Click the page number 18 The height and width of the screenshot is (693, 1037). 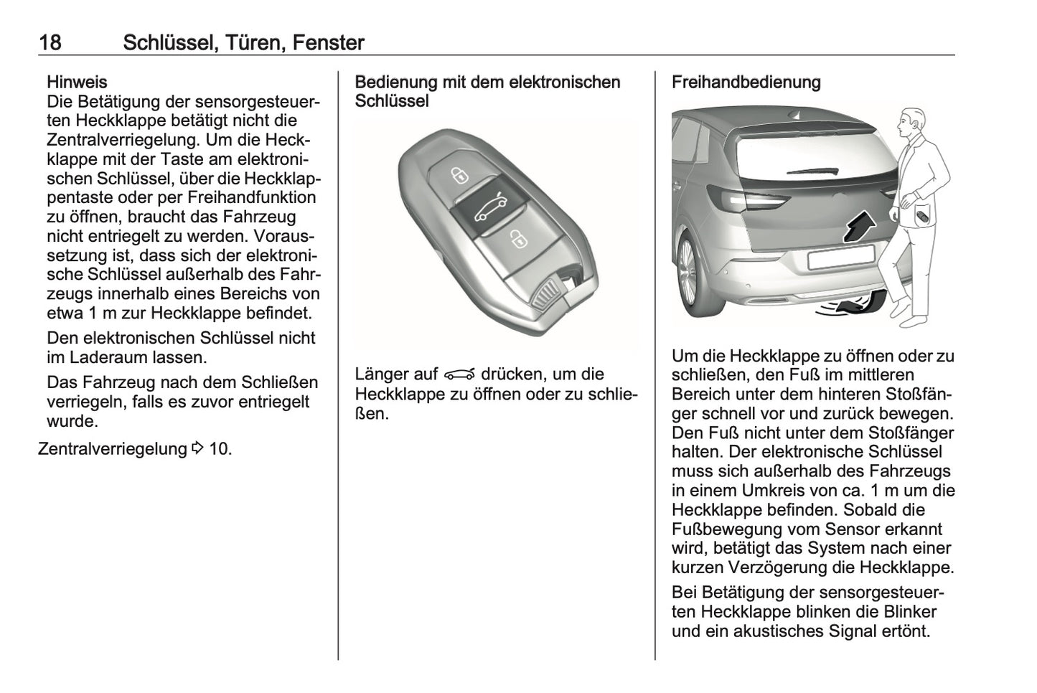click(x=50, y=43)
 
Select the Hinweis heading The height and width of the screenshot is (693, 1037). click(x=77, y=82)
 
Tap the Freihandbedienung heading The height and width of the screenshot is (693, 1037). click(x=746, y=82)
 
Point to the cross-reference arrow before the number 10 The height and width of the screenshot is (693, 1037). click(x=198, y=449)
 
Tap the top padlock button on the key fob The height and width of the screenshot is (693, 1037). click(x=457, y=174)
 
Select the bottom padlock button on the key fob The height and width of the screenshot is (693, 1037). click(x=516, y=239)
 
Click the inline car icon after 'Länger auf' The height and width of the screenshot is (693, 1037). click(x=460, y=374)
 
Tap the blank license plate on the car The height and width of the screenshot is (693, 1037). click(x=840, y=257)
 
